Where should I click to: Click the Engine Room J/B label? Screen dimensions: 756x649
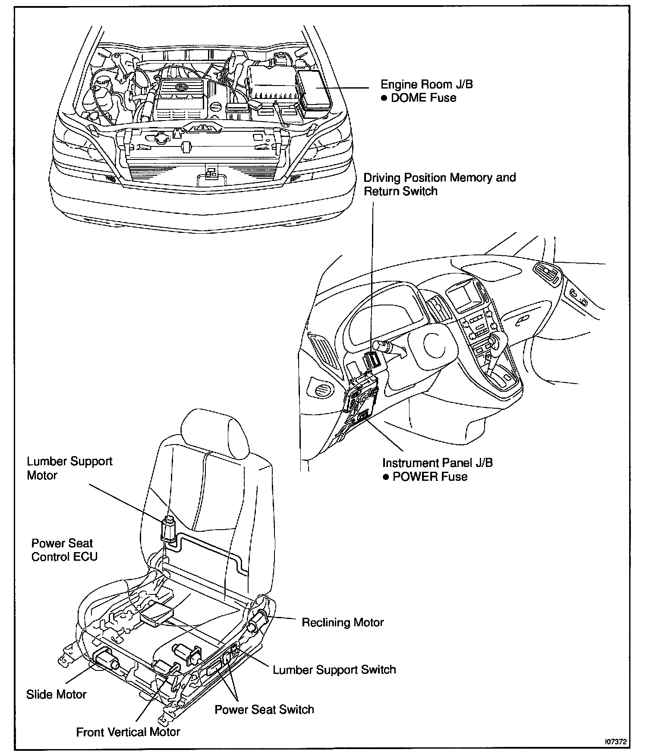(x=426, y=84)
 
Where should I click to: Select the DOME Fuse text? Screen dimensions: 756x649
(x=423, y=98)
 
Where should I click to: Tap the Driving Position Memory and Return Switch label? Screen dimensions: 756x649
(x=439, y=184)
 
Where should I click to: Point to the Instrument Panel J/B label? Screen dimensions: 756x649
(x=438, y=463)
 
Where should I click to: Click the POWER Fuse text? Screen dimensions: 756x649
(x=430, y=477)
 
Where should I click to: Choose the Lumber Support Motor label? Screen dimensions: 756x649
(x=69, y=468)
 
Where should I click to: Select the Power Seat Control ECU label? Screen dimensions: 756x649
(x=64, y=550)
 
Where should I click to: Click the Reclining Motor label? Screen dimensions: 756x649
(x=343, y=623)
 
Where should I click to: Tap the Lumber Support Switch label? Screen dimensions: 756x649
(x=334, y=670)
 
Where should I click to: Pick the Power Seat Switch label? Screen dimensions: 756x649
(x=264, y=710)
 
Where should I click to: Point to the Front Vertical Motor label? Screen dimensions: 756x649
(x=128, y=732)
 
